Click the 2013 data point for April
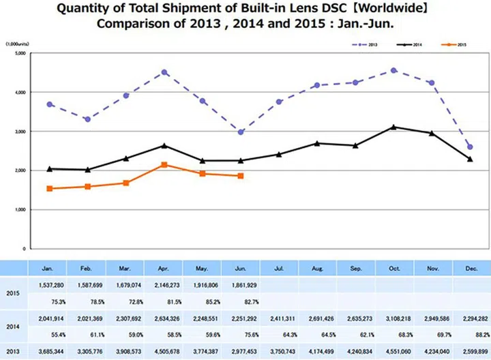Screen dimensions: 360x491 point(165,72)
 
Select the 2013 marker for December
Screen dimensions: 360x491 point(470,147)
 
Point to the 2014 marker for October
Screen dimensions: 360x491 point(393,127)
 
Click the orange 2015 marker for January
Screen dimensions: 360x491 point(50,188)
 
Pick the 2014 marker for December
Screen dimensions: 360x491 point(470,159)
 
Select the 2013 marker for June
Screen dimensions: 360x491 point(241,132)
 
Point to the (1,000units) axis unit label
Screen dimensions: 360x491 point(17,43)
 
